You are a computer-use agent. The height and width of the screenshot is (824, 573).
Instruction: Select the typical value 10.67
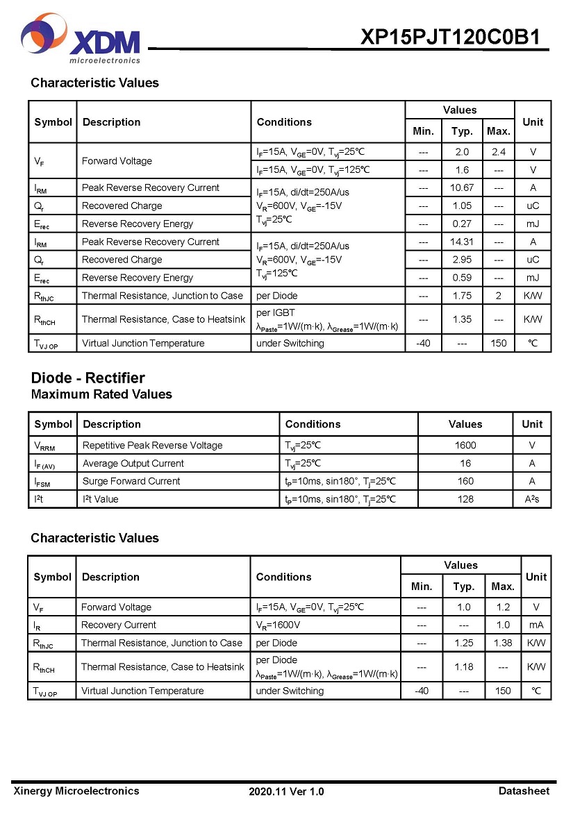pyautogui.click(x=462, y=187)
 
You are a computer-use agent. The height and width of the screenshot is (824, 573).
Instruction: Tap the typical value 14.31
pyautogui.click(x=462, y=242)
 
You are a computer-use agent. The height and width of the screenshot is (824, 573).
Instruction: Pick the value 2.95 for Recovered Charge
pyautogui.click(x=462, y=260)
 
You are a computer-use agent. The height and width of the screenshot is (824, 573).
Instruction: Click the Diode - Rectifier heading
pyautogui.click(x=88, y=378)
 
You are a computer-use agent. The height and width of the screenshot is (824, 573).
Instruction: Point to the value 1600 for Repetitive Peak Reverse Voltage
pyautogui.click(x=465, y=445)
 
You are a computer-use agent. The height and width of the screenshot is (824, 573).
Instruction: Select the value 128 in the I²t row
pyautogui.click(x=465, y=499)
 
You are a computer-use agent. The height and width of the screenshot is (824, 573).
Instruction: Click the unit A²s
pyautogui.click(x=532, y=499)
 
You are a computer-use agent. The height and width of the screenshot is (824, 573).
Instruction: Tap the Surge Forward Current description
pyautogui.click(x=131, y=481)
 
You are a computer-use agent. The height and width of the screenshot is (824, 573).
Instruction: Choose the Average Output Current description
pyautogui.click(x=133, y=463)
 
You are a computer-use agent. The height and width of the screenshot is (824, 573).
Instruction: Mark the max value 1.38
pyautogui.click(x=502, y=643)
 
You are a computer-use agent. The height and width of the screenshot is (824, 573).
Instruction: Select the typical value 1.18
pyautogui.click(x=463, y=666)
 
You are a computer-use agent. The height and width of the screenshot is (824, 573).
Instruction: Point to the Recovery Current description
pyautogui.click(x=119, y=625)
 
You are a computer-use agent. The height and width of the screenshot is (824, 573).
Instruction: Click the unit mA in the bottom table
pyautogui.click(x=535, y=625)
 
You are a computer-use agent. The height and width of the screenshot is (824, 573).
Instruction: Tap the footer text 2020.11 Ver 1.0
pyautogui.click(x=286, y=791)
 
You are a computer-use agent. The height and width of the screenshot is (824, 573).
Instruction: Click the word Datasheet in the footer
pyautogui.click(x=524, y=791)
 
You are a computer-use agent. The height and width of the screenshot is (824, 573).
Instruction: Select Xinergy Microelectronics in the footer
pyautogui.click(x=76, y=791)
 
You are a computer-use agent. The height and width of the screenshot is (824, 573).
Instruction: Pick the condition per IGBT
pyautogui.click(x=276, y=313)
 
